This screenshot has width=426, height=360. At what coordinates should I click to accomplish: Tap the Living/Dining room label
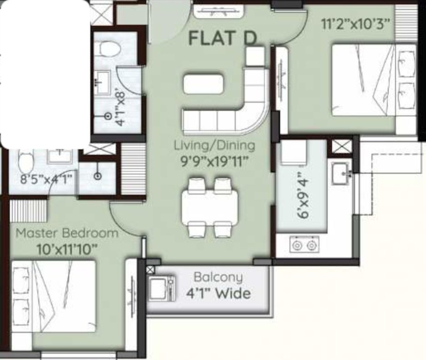pos(214,145)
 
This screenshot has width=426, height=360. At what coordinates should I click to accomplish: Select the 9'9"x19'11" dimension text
pos(214,162)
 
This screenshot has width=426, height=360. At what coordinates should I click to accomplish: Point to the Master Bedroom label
pos(67,233)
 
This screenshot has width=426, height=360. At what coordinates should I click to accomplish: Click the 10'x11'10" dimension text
pos(67,249)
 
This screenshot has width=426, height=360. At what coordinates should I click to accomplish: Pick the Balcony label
pos(218,277)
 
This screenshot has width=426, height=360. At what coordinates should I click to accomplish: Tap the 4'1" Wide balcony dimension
pos(218,294)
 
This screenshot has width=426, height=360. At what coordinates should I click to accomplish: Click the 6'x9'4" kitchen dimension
pos(304,195)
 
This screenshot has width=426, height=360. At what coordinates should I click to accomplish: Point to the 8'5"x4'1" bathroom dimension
pos(42,180)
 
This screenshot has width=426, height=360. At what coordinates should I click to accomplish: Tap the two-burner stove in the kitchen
pos(304,245)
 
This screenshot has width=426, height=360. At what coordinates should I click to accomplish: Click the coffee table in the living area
pos(203,84)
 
